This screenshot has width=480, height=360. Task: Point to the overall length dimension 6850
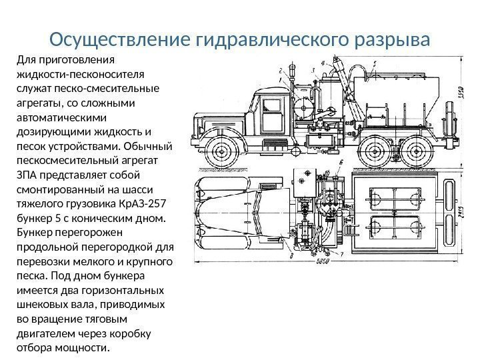tap(341, 261)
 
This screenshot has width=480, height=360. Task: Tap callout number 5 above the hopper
tap(374, 63)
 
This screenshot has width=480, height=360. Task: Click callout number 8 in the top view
tap(291, 254)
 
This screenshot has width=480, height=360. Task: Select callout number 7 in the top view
tap(341, 254)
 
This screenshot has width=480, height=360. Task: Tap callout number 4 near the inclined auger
tap(323, 64)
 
